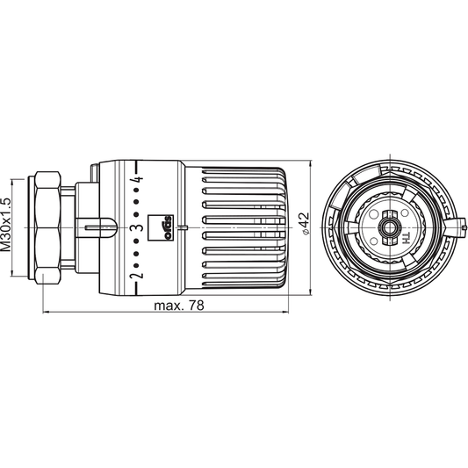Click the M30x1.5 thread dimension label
point(8,227)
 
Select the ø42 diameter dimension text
point(305,227)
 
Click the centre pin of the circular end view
point(386,227)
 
